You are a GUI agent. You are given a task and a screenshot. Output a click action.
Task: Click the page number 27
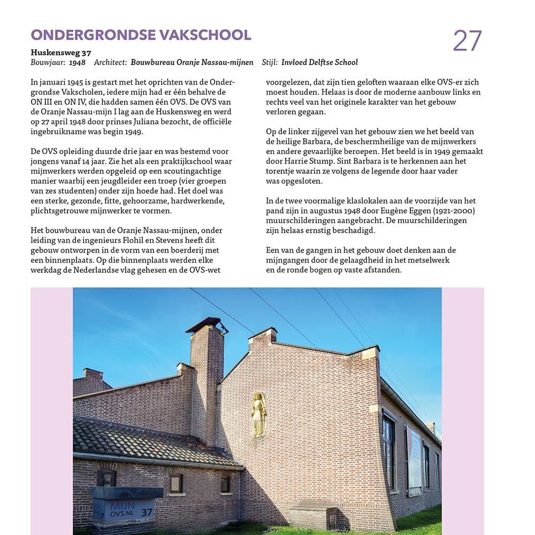point(467,41)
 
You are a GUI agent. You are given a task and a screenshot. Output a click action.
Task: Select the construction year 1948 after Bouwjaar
point(78,63)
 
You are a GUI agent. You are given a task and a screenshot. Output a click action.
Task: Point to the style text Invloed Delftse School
point(319,63)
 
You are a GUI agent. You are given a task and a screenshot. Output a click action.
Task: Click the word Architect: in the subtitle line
point(110,63)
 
